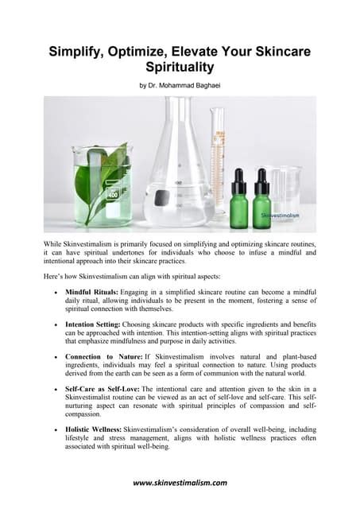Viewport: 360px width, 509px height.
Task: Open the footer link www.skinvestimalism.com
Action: [180, 483]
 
